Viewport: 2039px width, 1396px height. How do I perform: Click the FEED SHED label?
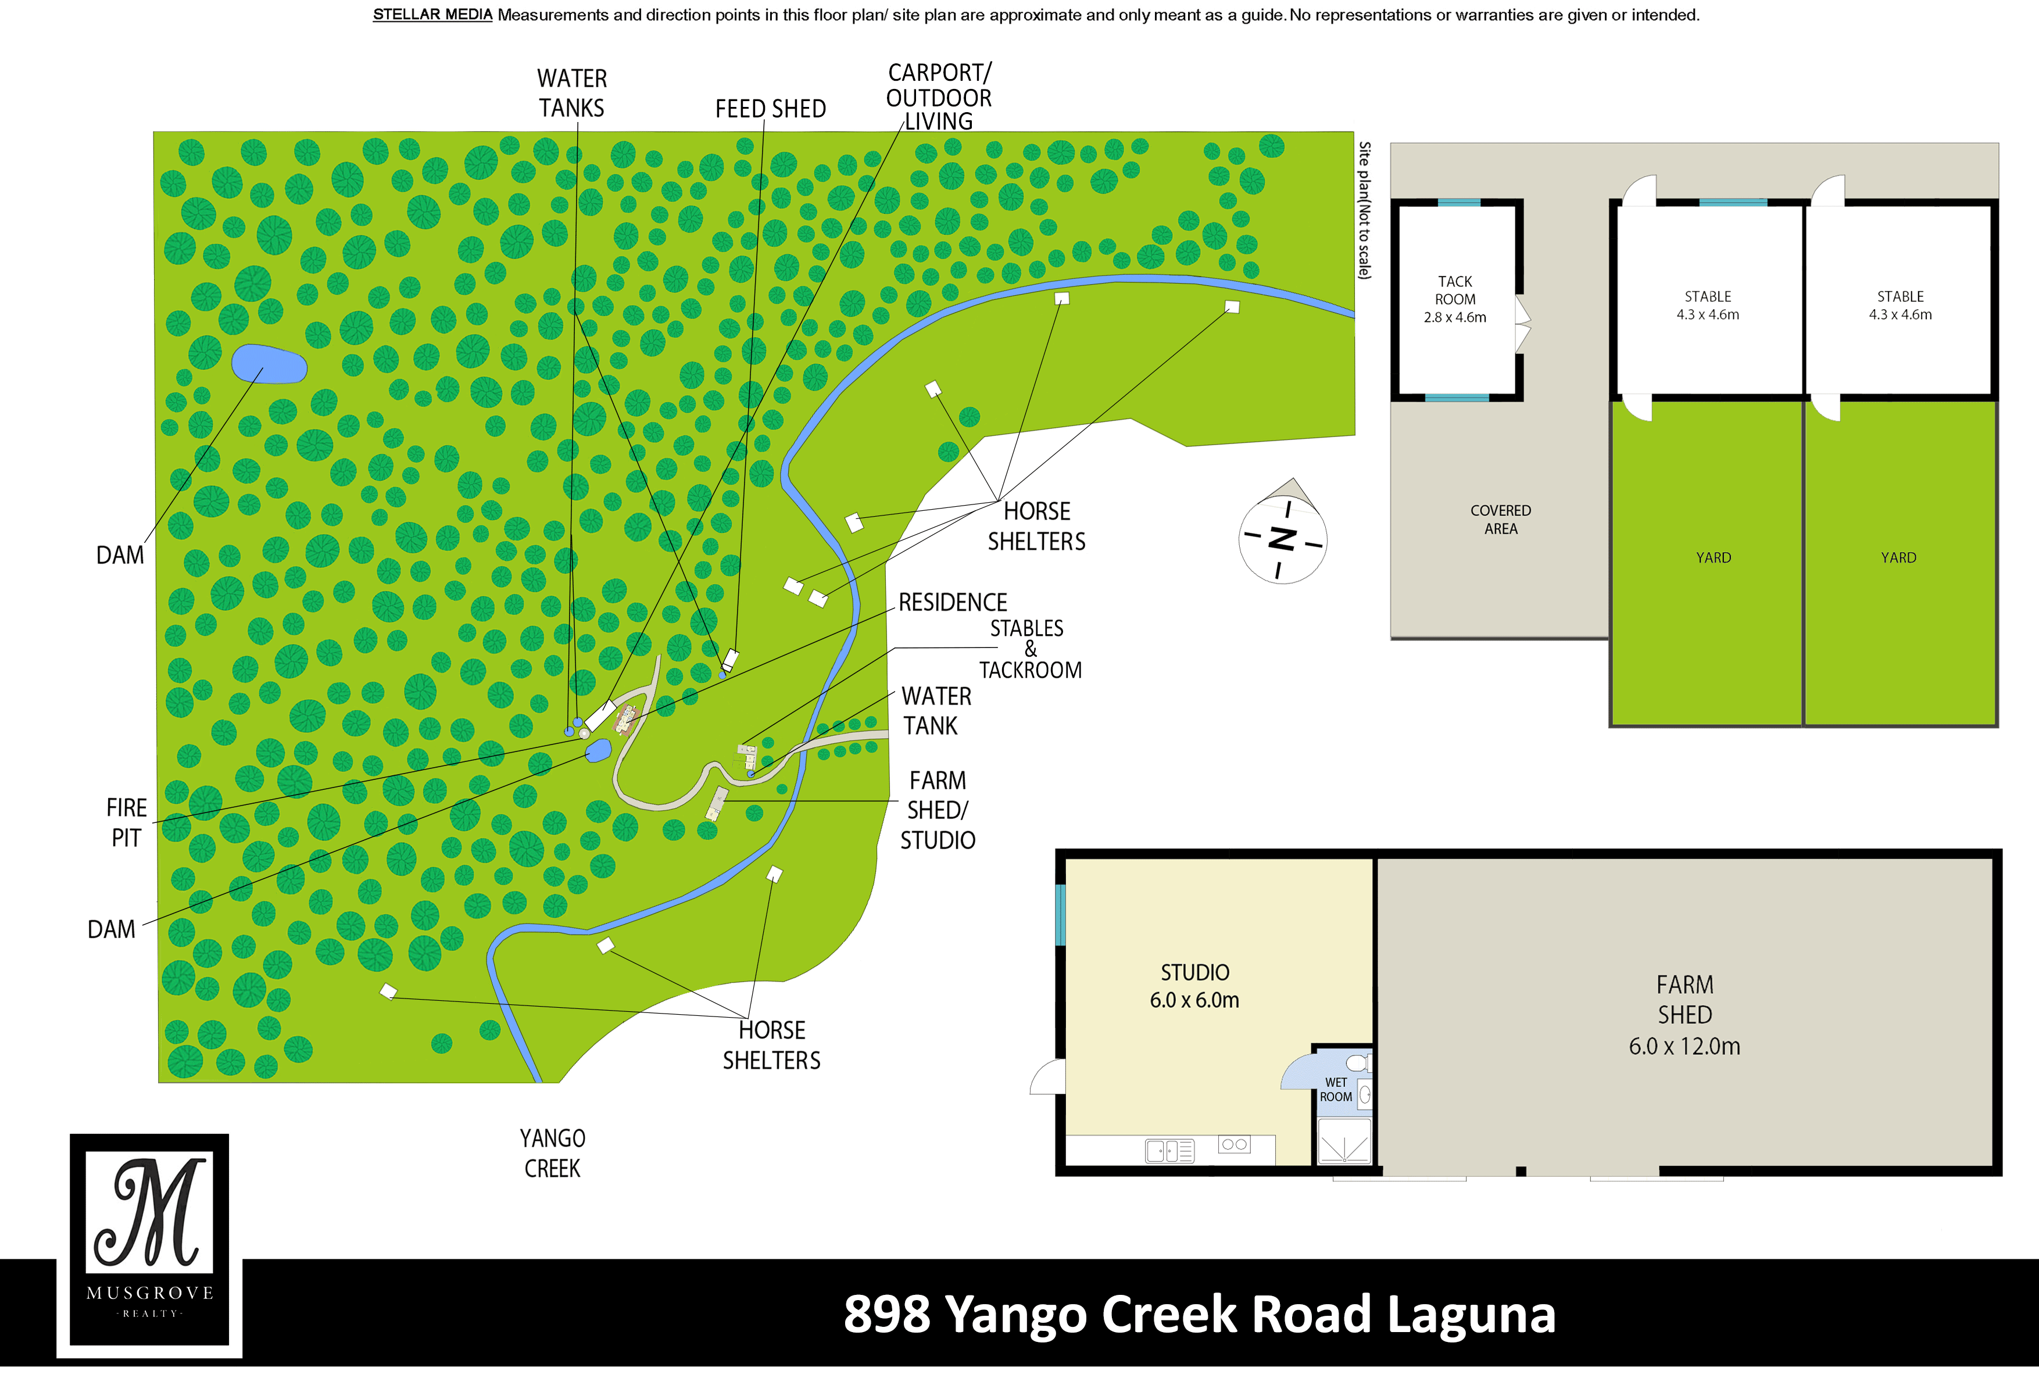(x=770, y=109)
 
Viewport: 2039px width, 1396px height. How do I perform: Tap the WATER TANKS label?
(x=572, y=93)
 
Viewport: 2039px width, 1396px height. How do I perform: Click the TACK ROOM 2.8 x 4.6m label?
(x=1455, y=299)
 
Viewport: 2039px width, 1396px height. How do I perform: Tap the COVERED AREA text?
(x=1500, y=520)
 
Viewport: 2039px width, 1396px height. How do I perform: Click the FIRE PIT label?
(x=126, y=822)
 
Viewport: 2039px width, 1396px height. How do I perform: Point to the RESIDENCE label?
(x=953, y=603)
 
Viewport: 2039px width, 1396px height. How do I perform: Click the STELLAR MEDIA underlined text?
(x=432, y=15)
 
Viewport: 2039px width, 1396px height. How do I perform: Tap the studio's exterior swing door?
(x=1047, y=1078)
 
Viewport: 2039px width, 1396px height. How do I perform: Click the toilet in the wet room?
(x=1357, y=1064)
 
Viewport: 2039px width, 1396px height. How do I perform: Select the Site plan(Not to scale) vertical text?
(x=1364, y=210)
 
